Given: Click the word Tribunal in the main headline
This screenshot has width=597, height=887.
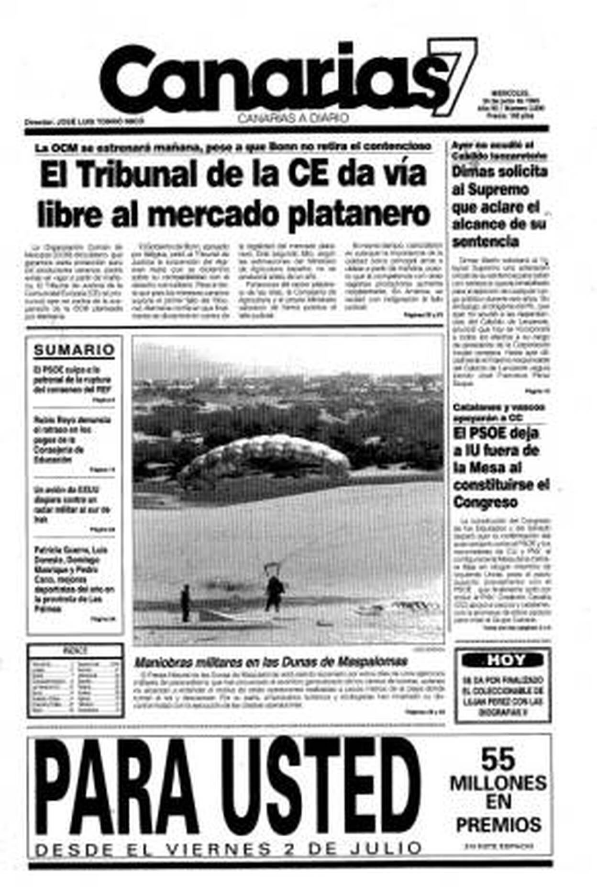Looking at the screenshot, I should click(136, 175).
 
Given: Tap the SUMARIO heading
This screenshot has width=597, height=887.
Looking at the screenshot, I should click(74, 350).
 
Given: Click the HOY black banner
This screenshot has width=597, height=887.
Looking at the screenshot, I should click(502, 660).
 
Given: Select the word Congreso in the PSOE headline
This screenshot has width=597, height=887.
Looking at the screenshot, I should click(485, 502).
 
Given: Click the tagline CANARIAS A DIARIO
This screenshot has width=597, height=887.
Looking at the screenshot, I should click(293, 118).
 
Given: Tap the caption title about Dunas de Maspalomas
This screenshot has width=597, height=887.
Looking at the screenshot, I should click(271, 662).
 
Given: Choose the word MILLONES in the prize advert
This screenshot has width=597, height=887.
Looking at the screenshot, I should click(498, 784).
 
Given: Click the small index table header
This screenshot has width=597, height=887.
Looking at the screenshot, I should click(75, 651).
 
